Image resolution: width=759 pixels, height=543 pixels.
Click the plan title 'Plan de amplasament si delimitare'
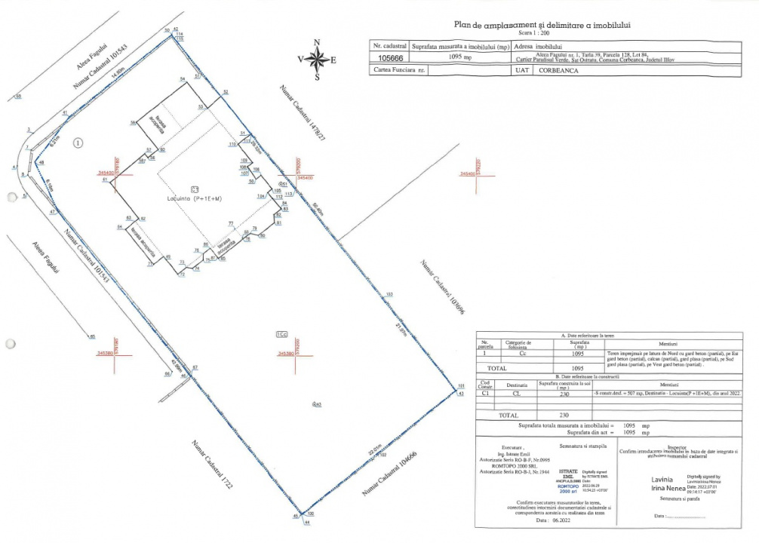pyautogui.click(x=540, y=25)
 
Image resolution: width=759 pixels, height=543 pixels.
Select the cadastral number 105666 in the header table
pyautogui.click(x=389, y=57)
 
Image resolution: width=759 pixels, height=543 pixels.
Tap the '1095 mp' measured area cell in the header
pyautogui.click(x=459, y=57)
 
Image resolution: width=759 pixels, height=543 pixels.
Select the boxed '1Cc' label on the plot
pyautogui.click(x=281, y=333)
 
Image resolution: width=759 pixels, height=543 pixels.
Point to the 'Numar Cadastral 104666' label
pyautogui.click(x=389, y=474)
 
